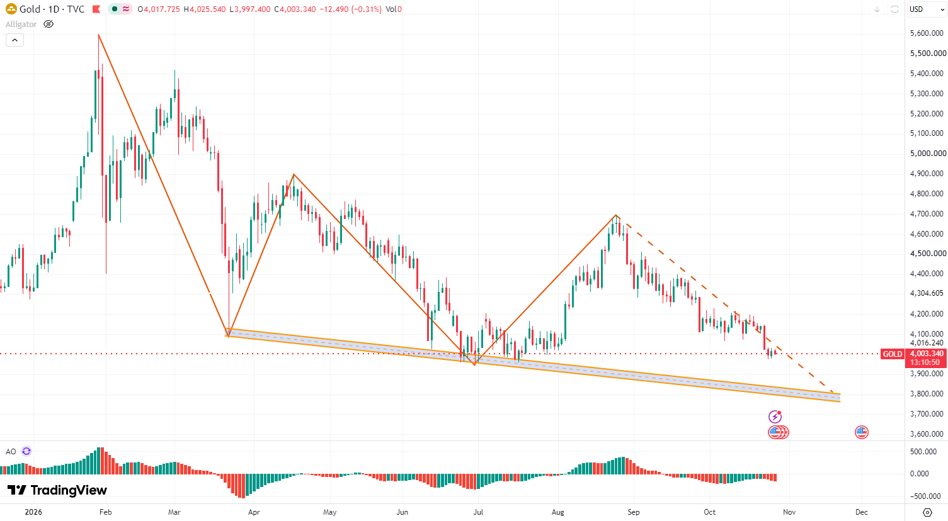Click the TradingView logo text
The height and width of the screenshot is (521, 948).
[x=69, y=490]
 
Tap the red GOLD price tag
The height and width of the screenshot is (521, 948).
[x=892, y=354]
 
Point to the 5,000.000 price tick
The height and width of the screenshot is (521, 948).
[x=927, y=153]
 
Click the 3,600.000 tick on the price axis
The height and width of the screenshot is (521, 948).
[x=927, y=434]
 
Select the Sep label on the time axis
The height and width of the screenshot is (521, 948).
[x=634, y=512]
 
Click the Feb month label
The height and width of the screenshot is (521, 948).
[x=105, y=512]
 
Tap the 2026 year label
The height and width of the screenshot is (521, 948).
[x=33, y=512]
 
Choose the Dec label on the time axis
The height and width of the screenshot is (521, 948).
[x=861, y=512]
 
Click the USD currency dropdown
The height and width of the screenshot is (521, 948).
[x=926, y=9]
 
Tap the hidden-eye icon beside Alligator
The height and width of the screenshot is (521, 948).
[x=49, y=24]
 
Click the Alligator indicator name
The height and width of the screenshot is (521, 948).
[x=21, y=24]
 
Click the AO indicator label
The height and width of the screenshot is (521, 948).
[x=11, y=452]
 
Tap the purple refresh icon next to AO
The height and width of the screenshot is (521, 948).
[x=26, y=451]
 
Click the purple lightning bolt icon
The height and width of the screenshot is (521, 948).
[x=775, y=417]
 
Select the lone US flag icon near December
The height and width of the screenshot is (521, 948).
[x=862, y=432]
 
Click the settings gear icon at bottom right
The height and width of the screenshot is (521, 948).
[x=927, y=513]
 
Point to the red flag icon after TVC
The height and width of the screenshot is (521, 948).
[x=96, y=9]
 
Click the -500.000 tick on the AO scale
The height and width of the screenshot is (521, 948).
[x=925, y=496]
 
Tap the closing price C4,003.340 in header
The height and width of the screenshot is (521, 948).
[x=295, y=9]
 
